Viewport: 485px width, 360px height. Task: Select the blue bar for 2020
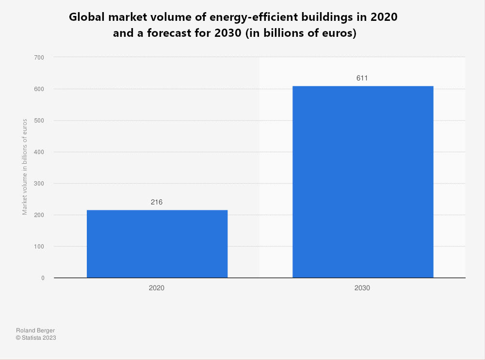(157, 244)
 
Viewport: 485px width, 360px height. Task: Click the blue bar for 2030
(363, 182)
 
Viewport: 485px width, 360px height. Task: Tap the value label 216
(157, 202)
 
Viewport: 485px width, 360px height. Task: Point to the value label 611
(362, 78)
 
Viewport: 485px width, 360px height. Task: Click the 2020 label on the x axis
(157, 288)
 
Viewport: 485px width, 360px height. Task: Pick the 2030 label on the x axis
(362, 288)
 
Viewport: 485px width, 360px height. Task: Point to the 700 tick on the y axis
(39, 58)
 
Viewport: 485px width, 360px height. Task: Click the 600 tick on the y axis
(39, 89)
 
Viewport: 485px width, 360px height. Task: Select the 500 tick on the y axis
(39, 121)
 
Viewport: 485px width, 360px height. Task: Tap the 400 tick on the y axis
(39, 152)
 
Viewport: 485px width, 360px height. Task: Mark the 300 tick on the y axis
(39, 184)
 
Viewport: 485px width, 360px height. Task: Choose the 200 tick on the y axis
(39, 215)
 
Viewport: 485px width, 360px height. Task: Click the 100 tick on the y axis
(39, 247)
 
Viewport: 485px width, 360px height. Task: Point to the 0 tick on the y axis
(43, 278)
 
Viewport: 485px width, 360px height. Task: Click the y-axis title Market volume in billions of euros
(25, 167)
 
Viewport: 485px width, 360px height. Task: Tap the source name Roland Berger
(35, 330)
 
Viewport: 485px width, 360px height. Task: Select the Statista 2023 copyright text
(36, 338)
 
